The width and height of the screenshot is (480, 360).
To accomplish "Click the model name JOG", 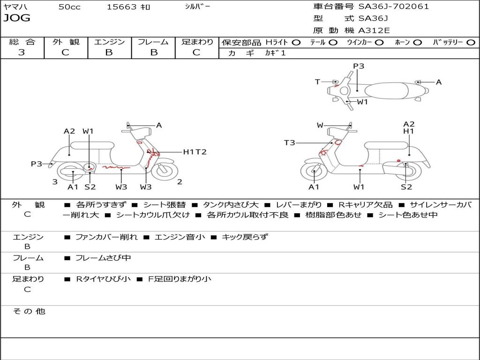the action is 17,18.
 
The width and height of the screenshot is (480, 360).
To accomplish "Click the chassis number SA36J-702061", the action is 394,6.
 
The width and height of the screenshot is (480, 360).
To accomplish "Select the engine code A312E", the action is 374,30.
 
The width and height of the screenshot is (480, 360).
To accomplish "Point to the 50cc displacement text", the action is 69,7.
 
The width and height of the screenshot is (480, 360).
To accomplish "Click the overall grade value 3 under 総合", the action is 22,52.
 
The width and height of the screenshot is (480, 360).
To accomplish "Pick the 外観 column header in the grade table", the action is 66,42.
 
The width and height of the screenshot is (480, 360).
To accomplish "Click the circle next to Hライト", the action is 296,43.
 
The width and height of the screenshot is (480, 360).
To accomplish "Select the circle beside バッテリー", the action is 471,43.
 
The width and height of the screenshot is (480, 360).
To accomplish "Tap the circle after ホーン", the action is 418,43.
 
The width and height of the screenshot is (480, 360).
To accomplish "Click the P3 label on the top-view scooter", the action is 359,66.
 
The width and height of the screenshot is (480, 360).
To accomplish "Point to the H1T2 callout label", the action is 195,152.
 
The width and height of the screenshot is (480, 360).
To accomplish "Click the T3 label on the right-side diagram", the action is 290,142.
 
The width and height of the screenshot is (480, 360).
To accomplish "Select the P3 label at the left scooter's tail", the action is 37,164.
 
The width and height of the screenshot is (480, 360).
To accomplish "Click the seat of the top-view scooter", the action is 387,91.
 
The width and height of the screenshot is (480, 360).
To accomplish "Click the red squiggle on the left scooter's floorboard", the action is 116,167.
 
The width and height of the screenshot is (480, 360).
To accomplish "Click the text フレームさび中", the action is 103,258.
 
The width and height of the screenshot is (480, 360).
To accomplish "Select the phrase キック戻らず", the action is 245,237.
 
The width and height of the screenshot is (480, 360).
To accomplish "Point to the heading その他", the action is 29,311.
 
